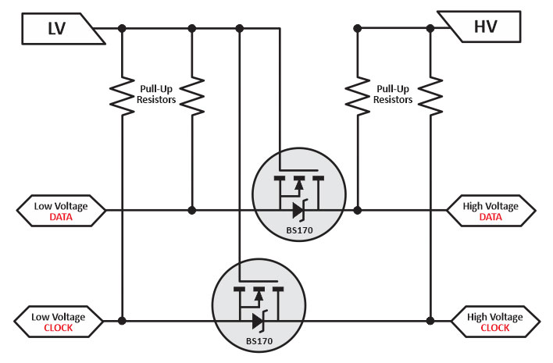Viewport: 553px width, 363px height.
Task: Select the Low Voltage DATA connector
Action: click(60, 211)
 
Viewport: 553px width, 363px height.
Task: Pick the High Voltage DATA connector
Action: click(491, 211)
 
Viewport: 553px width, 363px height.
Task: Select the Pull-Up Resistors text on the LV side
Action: click(156, 94)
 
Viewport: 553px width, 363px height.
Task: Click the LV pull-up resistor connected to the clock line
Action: click(122, 96)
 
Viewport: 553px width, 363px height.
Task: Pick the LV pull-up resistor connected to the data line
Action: click(191, 96)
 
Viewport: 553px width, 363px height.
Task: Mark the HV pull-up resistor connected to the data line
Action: click(358, 96)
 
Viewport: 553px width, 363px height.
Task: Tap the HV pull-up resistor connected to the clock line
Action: click(429, 96)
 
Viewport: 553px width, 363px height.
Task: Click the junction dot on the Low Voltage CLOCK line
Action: click(122, 321)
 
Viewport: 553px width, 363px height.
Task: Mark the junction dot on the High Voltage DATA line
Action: click(358, 210)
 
